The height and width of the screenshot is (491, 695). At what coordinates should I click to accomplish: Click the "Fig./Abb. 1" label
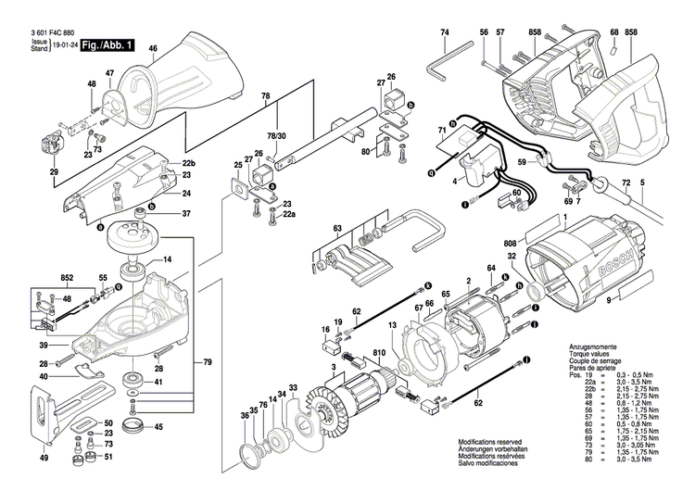(107, 44)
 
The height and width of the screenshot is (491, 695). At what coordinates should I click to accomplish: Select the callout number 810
(378, 353)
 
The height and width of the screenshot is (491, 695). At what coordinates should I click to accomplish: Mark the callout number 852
(67, 277)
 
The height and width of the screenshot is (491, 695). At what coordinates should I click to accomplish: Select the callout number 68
(613, 33)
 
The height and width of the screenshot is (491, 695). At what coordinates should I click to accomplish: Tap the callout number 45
(158, 427)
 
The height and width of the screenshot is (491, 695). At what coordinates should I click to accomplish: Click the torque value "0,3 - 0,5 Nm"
(631, 371)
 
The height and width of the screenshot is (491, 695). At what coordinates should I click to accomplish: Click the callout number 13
(392, 325)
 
